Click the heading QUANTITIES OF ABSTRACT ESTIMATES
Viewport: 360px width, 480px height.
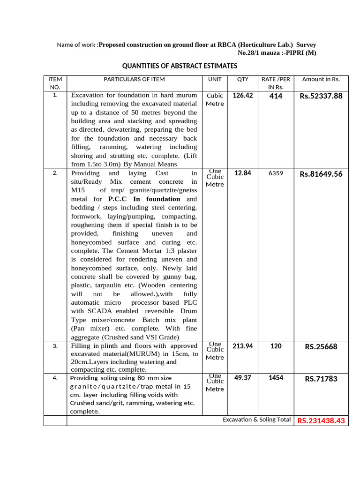tap(180, 66)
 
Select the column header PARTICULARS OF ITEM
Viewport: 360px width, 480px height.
tap(134, 80)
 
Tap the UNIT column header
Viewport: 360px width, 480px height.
tap(215, 80)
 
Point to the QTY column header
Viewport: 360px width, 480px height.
tap(243, 80)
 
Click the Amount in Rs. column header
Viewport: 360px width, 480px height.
tap(321, 80)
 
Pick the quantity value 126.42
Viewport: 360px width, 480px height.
tap(243, 96)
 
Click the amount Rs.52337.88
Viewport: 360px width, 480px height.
tap(321, 97)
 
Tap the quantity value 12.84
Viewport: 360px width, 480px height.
tap(243, 173)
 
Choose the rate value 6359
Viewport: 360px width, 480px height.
tap(276, 173)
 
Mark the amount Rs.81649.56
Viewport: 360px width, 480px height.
tap(321, 174)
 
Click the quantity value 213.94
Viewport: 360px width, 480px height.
tap(243, 346)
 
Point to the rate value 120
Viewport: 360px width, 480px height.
tap(276, 346)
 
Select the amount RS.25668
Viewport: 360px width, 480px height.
tap(321, 347)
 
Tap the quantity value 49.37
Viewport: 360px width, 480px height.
tap(243, 378)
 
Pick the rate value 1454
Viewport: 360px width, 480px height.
tap(276, 378)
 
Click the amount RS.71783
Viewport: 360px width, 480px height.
tap(321, 379)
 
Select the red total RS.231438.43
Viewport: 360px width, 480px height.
tap(321, 421)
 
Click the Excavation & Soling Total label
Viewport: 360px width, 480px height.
tap(256, 420)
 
